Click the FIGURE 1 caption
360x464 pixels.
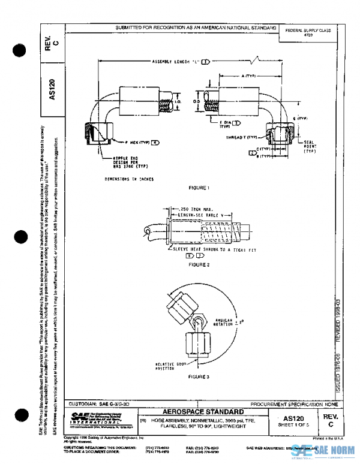tap(199, 188)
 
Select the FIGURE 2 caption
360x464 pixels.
tap(199, 264)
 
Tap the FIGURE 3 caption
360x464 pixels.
tap(199, 376)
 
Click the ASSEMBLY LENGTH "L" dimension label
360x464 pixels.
tap(178, 61)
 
